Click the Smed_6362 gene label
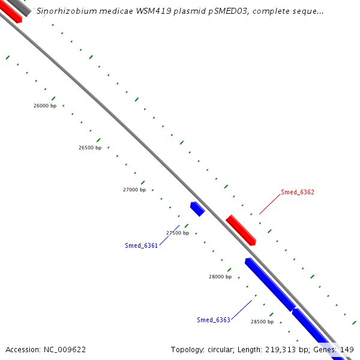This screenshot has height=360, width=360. click(x=298, y=193)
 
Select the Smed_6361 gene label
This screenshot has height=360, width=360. click(x=141, y=245)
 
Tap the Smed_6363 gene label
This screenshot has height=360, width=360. click(x=213, y=320)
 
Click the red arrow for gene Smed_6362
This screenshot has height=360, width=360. click(x=241, y=230)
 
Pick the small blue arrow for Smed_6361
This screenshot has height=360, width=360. click(x=197, y=209)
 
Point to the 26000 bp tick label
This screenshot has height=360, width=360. click(x=45, y=106)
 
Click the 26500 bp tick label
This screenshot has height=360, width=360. click(x=90, y=148)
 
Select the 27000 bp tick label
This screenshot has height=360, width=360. click(x=134, y=190)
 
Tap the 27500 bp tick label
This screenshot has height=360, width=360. click(x=178, y=233)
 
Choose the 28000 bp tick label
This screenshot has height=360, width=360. click(x=220, y=277)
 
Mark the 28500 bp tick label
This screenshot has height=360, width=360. click(x=262, y=322)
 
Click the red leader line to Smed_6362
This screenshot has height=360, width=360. click(x=270, y=205)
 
